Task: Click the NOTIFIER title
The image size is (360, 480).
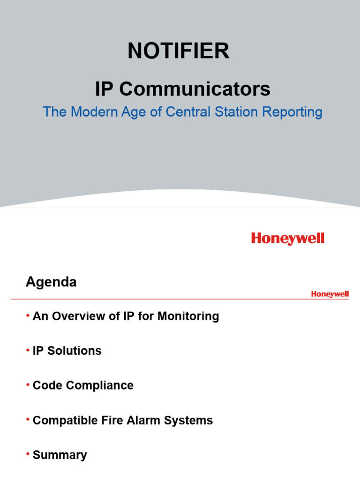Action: (x=179, y=51)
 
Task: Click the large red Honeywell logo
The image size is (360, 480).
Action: (x=287, y=239)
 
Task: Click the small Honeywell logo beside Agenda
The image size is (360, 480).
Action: (x=330, y=294)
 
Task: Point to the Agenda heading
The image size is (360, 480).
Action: (x=51, y=282)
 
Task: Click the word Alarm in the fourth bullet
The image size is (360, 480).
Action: (x=142, y=420)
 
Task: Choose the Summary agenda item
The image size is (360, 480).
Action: (x=60, y=455)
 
